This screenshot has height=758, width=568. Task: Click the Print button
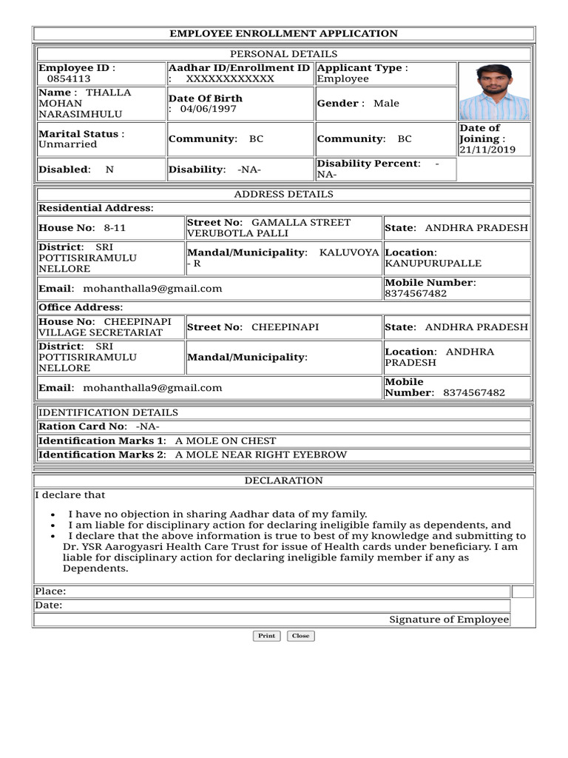(x=266, y=636)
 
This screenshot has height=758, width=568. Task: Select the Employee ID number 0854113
(x=69, y=79)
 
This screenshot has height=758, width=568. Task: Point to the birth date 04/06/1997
(x=209, y=109)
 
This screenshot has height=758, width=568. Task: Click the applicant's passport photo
(x=493, y=91)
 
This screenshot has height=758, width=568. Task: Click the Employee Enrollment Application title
(x=283, y=34)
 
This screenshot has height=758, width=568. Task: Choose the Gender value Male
(x=386, y=104)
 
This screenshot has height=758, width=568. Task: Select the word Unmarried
(x=67, y=144)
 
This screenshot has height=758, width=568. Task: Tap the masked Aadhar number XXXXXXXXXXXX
(x=230, y=79)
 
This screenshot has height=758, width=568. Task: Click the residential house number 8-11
(x=115, y=228)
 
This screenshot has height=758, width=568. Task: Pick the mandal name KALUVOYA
(x=349, y=252)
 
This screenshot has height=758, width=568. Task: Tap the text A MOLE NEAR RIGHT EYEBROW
(x=260, y=455)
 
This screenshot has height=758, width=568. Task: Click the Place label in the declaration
(x=50, y=591)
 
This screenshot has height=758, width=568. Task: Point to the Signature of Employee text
(x=449, y=620)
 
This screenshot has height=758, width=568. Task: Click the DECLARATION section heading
(x=283, y=481)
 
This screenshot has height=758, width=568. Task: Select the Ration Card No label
(x=82, y=427)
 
